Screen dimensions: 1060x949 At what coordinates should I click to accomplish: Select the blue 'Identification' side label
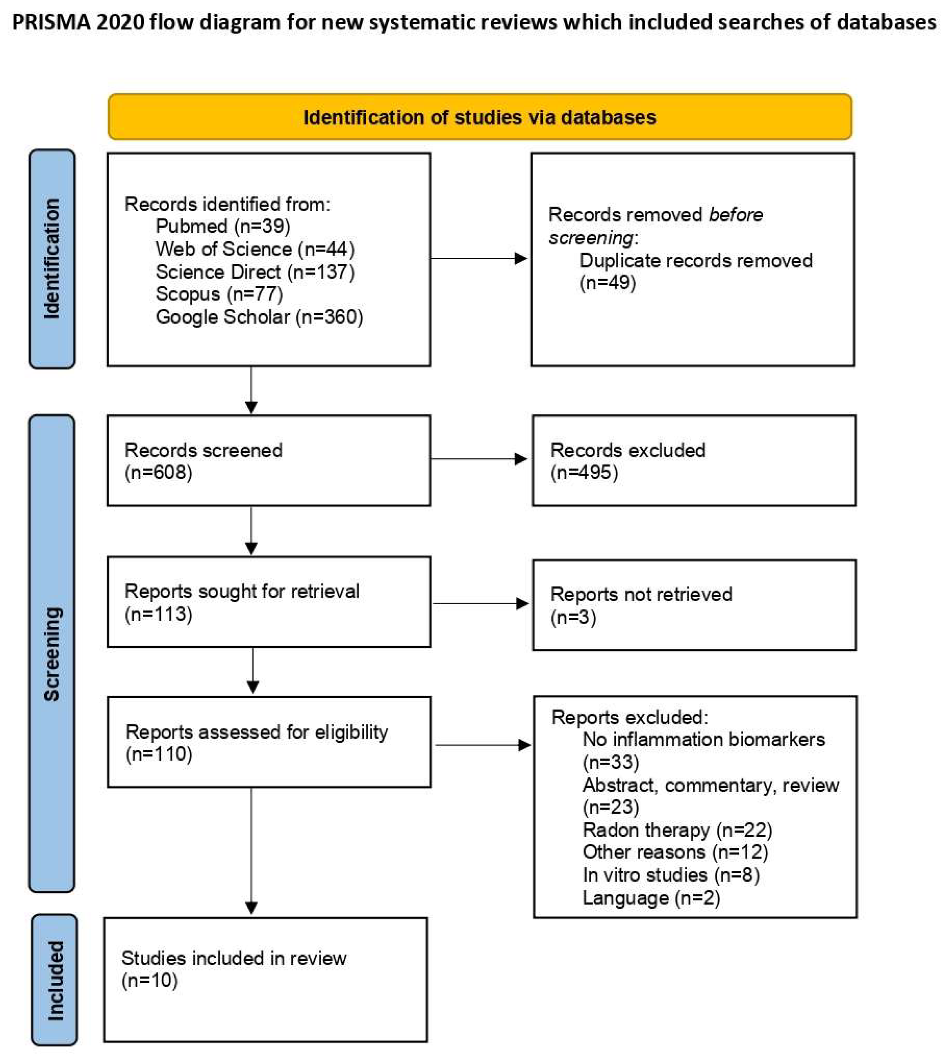tap(52, 259)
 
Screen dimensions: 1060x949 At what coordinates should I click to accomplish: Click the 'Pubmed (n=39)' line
tap(223, 226)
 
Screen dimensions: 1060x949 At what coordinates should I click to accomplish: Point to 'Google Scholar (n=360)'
tap(259, 316)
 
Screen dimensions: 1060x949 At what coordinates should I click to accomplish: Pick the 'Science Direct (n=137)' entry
tap(255, 271)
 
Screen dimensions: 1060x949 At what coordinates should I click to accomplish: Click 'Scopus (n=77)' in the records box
tap(219, 294)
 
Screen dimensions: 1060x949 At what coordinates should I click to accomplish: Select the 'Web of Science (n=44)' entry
tap(255, 249)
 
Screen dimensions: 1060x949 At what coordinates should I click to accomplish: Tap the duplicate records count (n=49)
tap(607, 283)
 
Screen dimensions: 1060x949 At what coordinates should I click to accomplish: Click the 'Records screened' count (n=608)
tap(158, 472)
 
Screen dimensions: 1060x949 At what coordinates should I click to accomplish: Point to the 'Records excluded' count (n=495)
tap(584, 472)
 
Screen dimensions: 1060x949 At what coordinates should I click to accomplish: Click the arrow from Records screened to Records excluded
tap(478, 459)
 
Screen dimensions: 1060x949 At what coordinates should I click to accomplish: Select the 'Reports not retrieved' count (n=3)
tap(573, 617)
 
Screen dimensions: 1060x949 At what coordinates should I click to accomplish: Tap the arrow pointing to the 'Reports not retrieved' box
tap(480, 604)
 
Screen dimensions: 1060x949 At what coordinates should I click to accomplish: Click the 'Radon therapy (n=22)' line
tap(677, 830)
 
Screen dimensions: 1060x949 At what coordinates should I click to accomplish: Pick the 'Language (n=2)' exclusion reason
tap(651, 898)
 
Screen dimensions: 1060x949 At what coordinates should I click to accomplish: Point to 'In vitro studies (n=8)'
tap(671, 875)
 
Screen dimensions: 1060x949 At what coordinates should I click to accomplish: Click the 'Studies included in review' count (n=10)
tap(150, 981)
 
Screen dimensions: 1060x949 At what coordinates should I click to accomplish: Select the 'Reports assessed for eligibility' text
tap(256, 732)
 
